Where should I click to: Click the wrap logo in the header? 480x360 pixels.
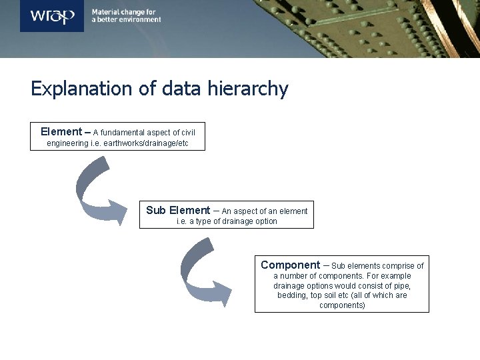pos(52,16)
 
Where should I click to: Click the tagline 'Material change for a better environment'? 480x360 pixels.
pos(126,16)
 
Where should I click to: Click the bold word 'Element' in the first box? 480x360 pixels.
pos(61,132)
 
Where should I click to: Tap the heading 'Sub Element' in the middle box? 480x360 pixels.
pos(178,211)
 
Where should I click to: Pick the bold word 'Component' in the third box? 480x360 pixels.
pos(290,265)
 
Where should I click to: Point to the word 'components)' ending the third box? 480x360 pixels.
pos(342,305)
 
